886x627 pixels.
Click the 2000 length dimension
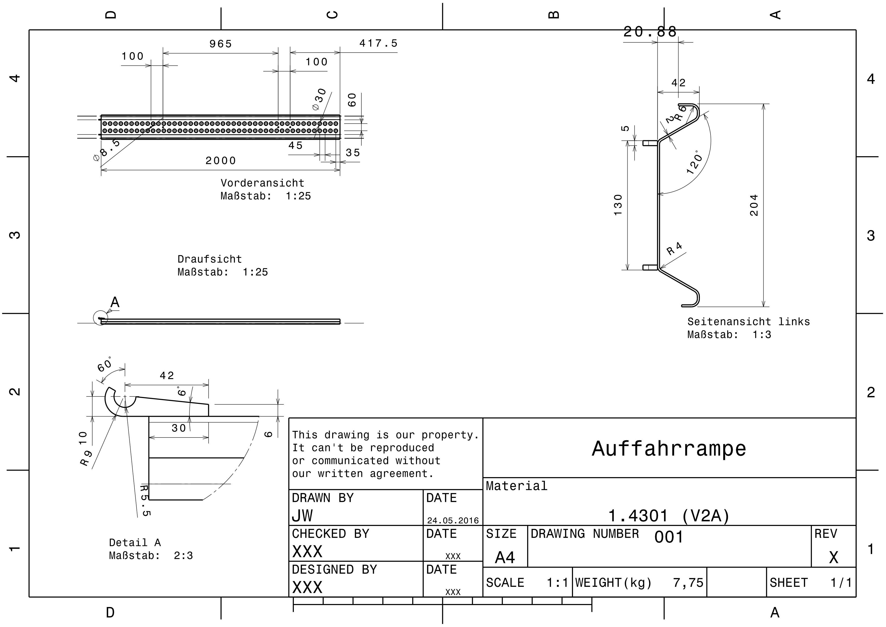point(220,161)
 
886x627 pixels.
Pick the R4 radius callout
point(675,248)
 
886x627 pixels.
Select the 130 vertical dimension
point(618,205)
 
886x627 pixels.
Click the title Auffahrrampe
point(669,449)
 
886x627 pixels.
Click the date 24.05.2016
point(453,520)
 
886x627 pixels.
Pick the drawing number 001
point(669,537)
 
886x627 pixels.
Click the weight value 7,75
point(688,583)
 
